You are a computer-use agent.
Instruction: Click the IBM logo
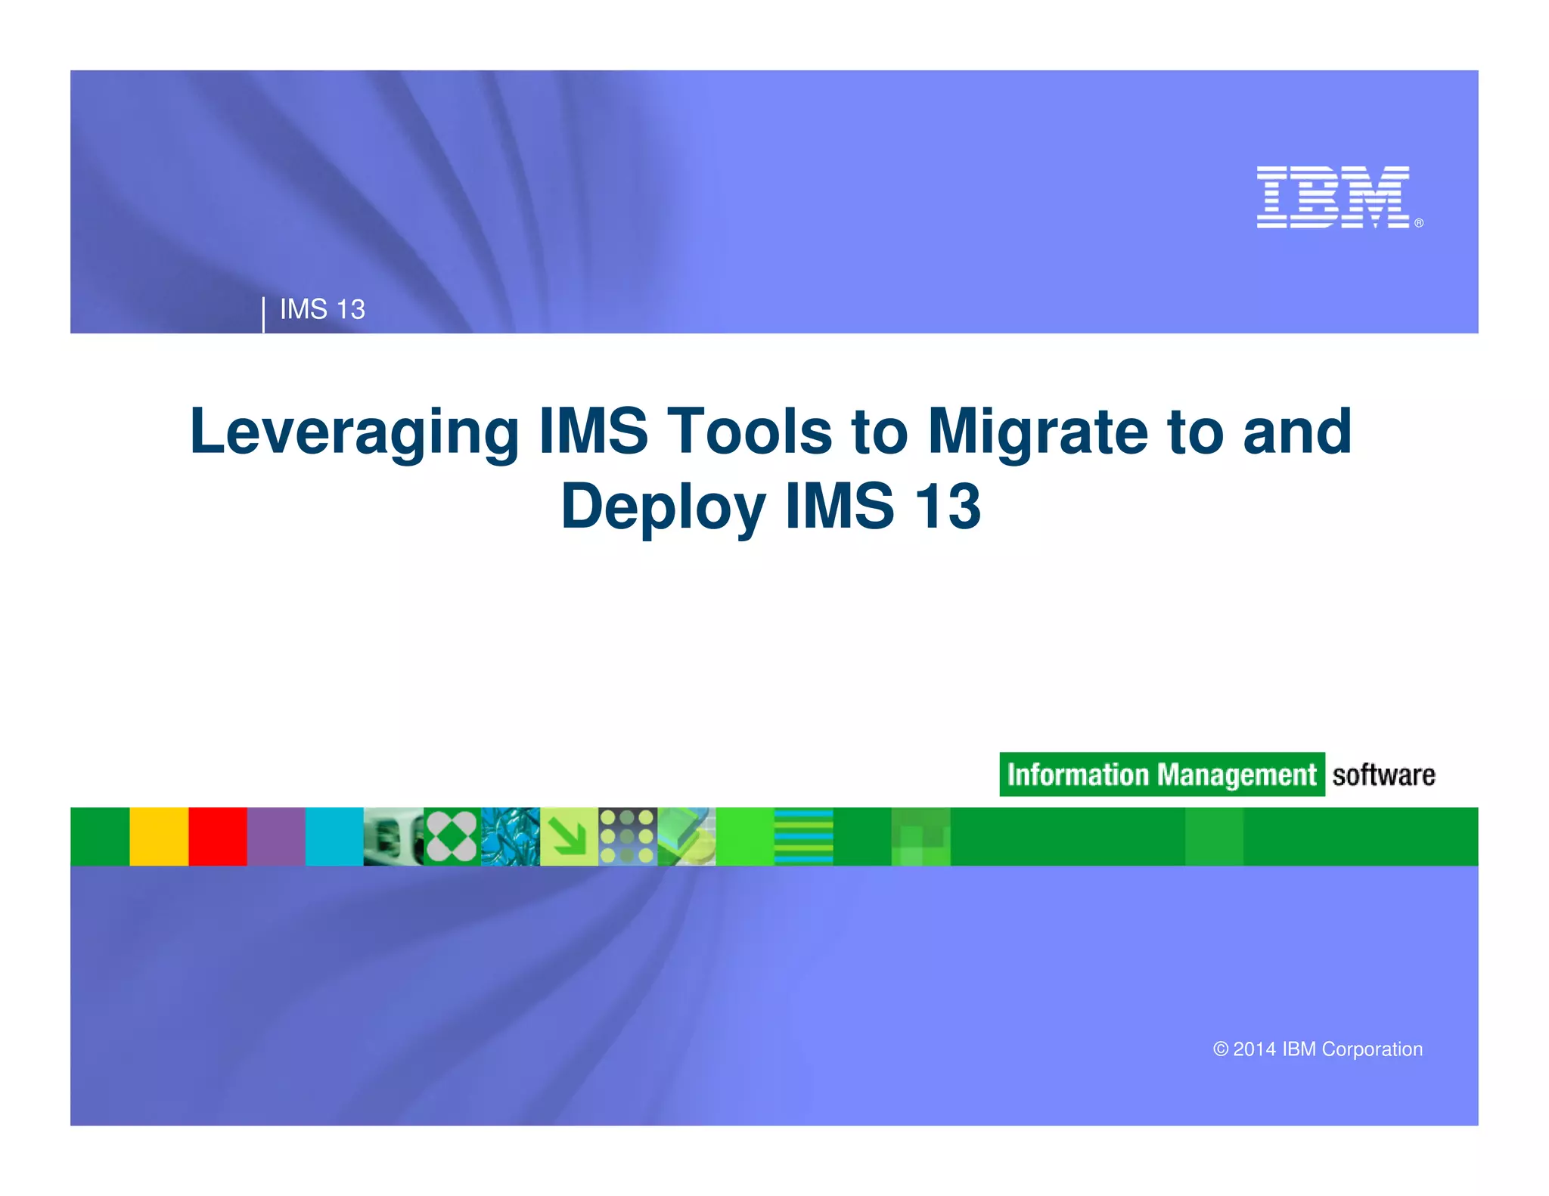pos(1332,197)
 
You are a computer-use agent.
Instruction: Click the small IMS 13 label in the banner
pos(322,309)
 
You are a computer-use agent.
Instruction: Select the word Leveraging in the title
pos(354,432)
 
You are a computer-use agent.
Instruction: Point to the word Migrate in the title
pos(1038,432)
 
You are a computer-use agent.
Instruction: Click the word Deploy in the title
pos(663,507)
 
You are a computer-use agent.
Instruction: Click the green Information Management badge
pos(1161,774)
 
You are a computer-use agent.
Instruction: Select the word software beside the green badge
pos(1383,775)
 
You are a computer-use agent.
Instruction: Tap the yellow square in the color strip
pos(159,836)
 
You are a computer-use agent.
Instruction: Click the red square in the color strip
pos(218,836)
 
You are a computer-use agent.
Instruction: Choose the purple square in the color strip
pos(276,836)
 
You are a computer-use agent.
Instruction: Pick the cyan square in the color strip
pos(334,836)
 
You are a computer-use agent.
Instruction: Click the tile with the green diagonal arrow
pos(569,836)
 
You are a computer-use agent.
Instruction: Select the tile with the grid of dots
pos(627,836)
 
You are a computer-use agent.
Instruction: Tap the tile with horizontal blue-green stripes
pos(803,836)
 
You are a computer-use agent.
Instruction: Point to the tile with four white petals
pos(452,836)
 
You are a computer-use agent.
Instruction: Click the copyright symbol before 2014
pos(1220,1049)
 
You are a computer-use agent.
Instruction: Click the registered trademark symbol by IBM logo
pos(1419,223)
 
